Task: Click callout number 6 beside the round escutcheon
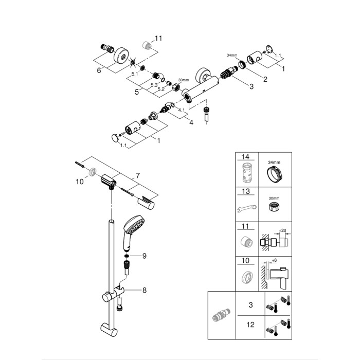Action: coord(99,70)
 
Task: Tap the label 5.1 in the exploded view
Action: coord(135,75)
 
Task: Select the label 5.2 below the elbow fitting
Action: coord(161,88)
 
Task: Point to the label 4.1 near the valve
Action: coord(181,110)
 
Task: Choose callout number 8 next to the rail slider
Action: coord(145,290)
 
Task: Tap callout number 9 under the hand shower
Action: coord(145,256)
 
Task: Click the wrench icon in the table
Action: coord(245,209)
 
